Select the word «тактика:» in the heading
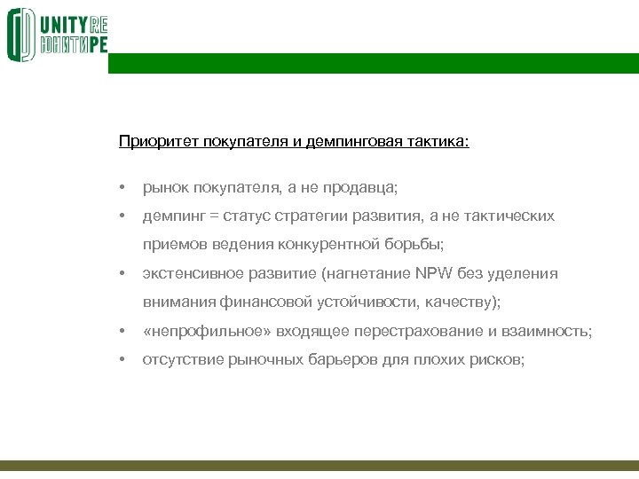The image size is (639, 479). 438,141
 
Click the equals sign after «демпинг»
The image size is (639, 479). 214,216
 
